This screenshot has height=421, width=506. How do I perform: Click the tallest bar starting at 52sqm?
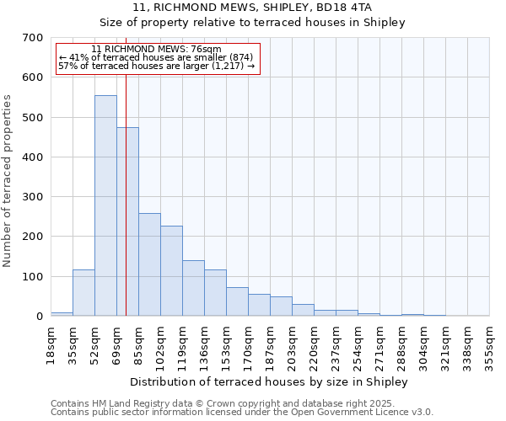pos(105,205)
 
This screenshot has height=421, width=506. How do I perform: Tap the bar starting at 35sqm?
pos(83,292)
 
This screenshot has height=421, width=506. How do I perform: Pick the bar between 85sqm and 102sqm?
pos(149,264)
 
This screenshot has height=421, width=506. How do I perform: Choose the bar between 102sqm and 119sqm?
pos(171,270)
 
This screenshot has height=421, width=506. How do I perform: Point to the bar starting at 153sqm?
pos(237,301)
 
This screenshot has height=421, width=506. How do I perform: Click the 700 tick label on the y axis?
pos(32,38)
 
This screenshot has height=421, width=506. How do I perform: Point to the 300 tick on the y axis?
pos(32,197)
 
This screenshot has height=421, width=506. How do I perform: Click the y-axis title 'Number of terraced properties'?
pos(8,181)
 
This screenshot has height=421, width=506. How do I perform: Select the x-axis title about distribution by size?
pos(270,381)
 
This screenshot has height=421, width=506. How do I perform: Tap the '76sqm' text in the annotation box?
pos(207,49)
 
